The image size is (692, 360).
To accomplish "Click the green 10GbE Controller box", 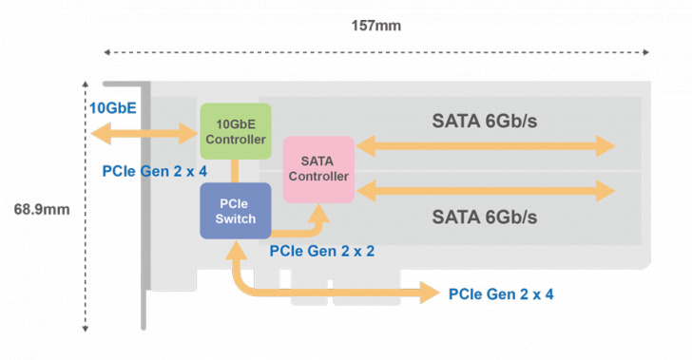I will tap(235, 131).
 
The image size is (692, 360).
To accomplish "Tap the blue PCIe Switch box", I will tap(235, 210).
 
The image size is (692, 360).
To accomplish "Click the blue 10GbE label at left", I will tap(112, 107).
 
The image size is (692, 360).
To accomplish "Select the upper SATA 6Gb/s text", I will tap(485, 122).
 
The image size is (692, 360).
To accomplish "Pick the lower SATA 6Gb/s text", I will tap(485, 217).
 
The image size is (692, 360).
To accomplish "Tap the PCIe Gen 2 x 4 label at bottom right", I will tap(501, 294).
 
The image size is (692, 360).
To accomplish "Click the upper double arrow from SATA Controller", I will tap(485, 146).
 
